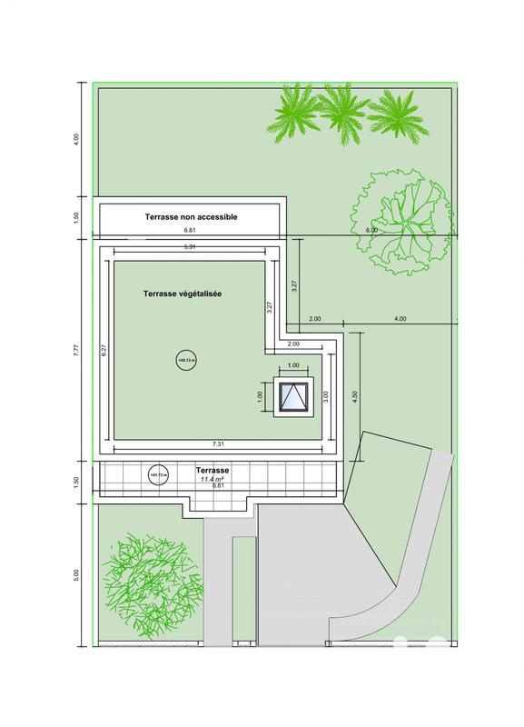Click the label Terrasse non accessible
pos(191,217)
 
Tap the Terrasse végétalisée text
pos(183,294)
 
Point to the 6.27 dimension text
pos(105,350)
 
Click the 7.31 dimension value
pos(217,443)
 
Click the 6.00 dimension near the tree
pos(371,231)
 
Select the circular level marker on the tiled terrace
pos(155,473)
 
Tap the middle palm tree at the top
pos(343,110)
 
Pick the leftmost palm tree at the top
pos(294,115)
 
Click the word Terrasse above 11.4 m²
pos(213,470)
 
